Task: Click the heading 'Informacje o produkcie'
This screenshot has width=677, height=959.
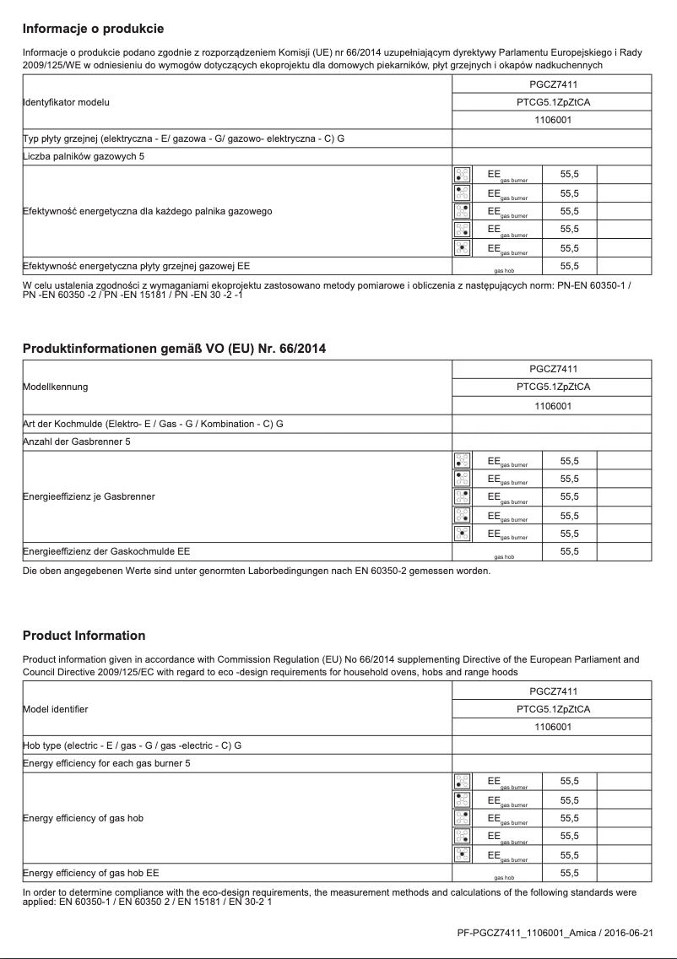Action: pyautogui.click(x=93, y=30)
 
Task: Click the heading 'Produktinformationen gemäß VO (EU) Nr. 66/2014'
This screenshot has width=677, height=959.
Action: pyautogui.click(x=174, y=349)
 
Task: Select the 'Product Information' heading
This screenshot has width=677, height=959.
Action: pyautogui.click(x=84, y=636)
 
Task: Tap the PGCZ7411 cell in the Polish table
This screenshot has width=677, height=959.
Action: pyautogui.click(x=553, y=84)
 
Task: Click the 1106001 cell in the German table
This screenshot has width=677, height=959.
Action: pyautogui.click(x=553, y=405)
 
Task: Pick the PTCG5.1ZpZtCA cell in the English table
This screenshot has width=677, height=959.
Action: pyautogui.click(x=553, y=709)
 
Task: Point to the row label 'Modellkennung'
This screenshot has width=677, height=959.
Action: pyautogui.click(x=55, y=387)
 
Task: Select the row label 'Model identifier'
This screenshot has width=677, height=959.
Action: pyautogui.click(x=55, y=709)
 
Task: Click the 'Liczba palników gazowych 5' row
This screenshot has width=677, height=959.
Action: pyautogui.click(x=77, y=157)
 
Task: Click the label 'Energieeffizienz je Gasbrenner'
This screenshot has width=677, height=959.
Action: pyautogui.click(x=89, y=496)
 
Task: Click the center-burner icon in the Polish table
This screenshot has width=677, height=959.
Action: pyautogui.click(x=462, y=247)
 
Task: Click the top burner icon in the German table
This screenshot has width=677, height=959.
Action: pyautogui.click(x=462, y=461)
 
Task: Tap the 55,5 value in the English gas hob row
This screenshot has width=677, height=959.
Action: pyautogui.click(x=570, y=872)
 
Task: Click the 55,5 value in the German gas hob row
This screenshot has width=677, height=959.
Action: pyautogui.click(x=570, y=552)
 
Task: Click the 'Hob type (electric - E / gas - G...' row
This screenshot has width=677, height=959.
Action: pyautogui.click(x=132, y=745)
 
